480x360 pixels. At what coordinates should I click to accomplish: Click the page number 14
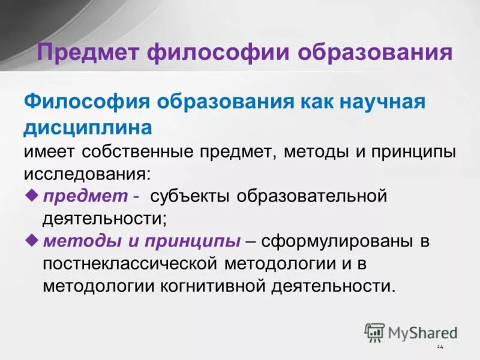[x=439, y=347]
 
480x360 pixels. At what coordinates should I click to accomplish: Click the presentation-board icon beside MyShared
[x=374, y=332]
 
